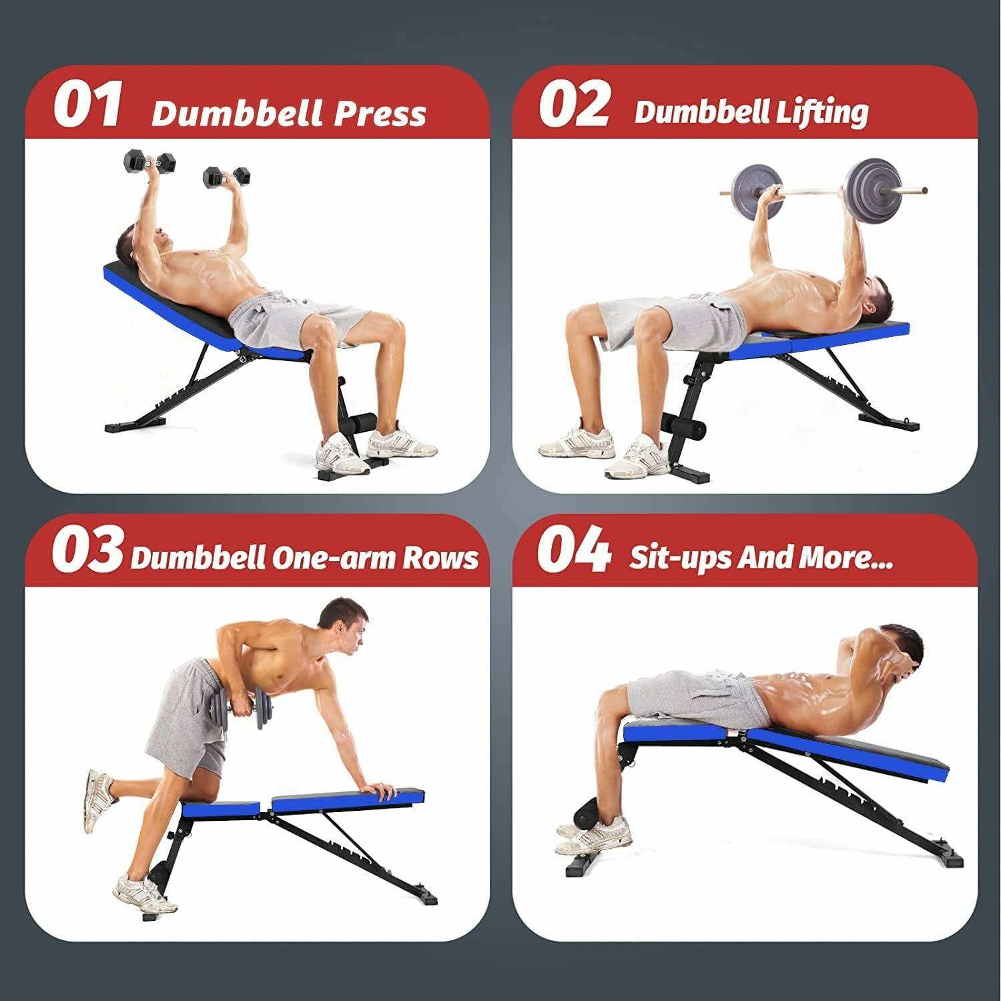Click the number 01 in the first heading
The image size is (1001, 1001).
88,104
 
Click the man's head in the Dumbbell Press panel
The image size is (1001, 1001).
137,242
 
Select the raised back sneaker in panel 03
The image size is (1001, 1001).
98,800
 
